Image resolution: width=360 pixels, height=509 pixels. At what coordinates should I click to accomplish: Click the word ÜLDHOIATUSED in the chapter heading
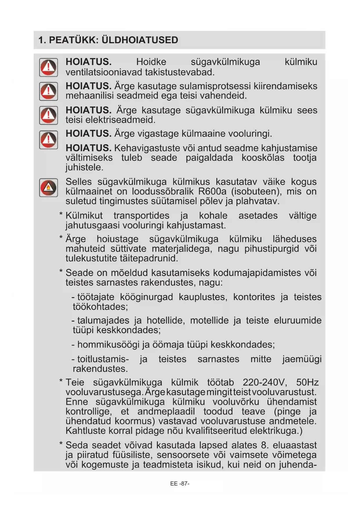pos(140,40)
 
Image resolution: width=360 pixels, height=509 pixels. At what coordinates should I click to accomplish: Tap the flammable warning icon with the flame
pos(48,187)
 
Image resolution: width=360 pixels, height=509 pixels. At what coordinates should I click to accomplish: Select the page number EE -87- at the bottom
pos(180,483)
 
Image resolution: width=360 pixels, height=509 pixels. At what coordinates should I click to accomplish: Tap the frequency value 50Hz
pos(307,382)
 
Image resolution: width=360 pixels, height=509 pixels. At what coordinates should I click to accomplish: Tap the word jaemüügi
pos(302,359)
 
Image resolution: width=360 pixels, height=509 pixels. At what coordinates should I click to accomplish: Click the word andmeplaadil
pos(166,411)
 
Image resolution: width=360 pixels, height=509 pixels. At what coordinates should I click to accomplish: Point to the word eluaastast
pos(294,445)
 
